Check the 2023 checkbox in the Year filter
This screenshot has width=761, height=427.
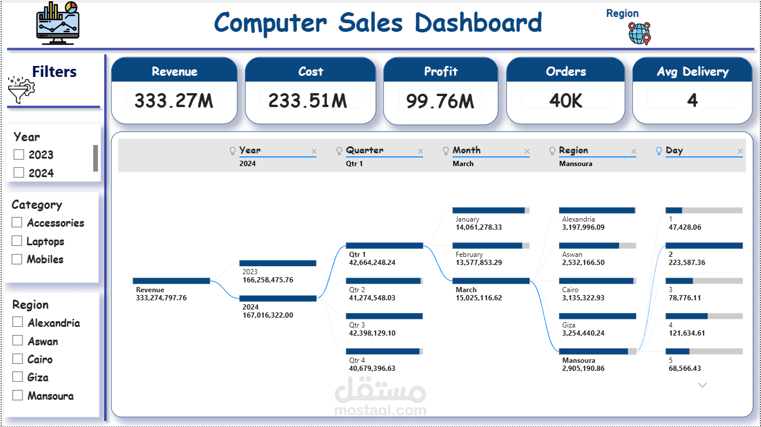(x=19, y=154)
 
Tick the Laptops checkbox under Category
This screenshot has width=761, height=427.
(x=17, y=241)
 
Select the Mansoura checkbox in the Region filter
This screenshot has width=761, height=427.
(x=17, y=395)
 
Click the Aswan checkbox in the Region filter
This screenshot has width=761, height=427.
(x=17, y=340)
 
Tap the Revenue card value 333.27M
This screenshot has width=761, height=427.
(x=174, y=101)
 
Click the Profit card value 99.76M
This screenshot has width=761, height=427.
(x=440, y=101)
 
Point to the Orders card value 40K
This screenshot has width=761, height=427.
(x=566, y=101)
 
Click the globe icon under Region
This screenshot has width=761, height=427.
(x=639, y=34)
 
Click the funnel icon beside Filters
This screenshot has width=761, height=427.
(x=21, y=90)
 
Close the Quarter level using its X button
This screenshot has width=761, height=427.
(x=420, y=152)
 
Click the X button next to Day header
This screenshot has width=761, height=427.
(x=740, y=152)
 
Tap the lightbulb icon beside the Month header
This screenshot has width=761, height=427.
(x=446, y=151)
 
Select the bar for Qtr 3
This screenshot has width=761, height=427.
(x=384, y=316)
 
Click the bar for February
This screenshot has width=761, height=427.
(x=491, y=245)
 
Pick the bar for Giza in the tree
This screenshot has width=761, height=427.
(x=598, y=316)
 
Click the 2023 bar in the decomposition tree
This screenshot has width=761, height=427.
(x=277, y=263)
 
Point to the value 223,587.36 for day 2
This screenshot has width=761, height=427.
(x=687, y=262)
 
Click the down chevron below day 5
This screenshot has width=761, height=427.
(x=703, y=385)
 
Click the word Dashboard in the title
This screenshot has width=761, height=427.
(x=478, y=23)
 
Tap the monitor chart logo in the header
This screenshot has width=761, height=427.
(x=58, y=23)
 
